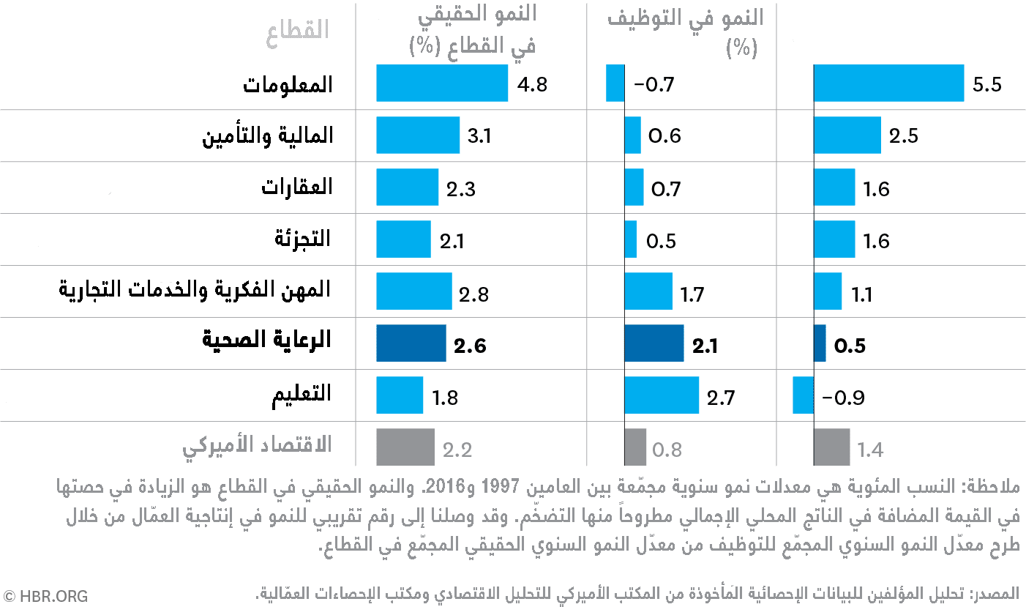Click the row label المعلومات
point(288,84)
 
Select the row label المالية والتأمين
point(268,136)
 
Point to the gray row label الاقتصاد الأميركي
point(257,445)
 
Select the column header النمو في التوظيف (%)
point(686,32)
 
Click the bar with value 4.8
point(441,83)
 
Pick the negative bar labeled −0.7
point(615,83)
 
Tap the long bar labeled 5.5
point(888,83)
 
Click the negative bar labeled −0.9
point(803,395)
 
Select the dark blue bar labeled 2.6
point(411,343)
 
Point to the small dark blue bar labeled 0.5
point(820,343)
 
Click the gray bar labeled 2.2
point(405,447)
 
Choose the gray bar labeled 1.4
point(831,447)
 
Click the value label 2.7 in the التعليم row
point(720,398)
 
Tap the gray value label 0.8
point(667,449)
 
